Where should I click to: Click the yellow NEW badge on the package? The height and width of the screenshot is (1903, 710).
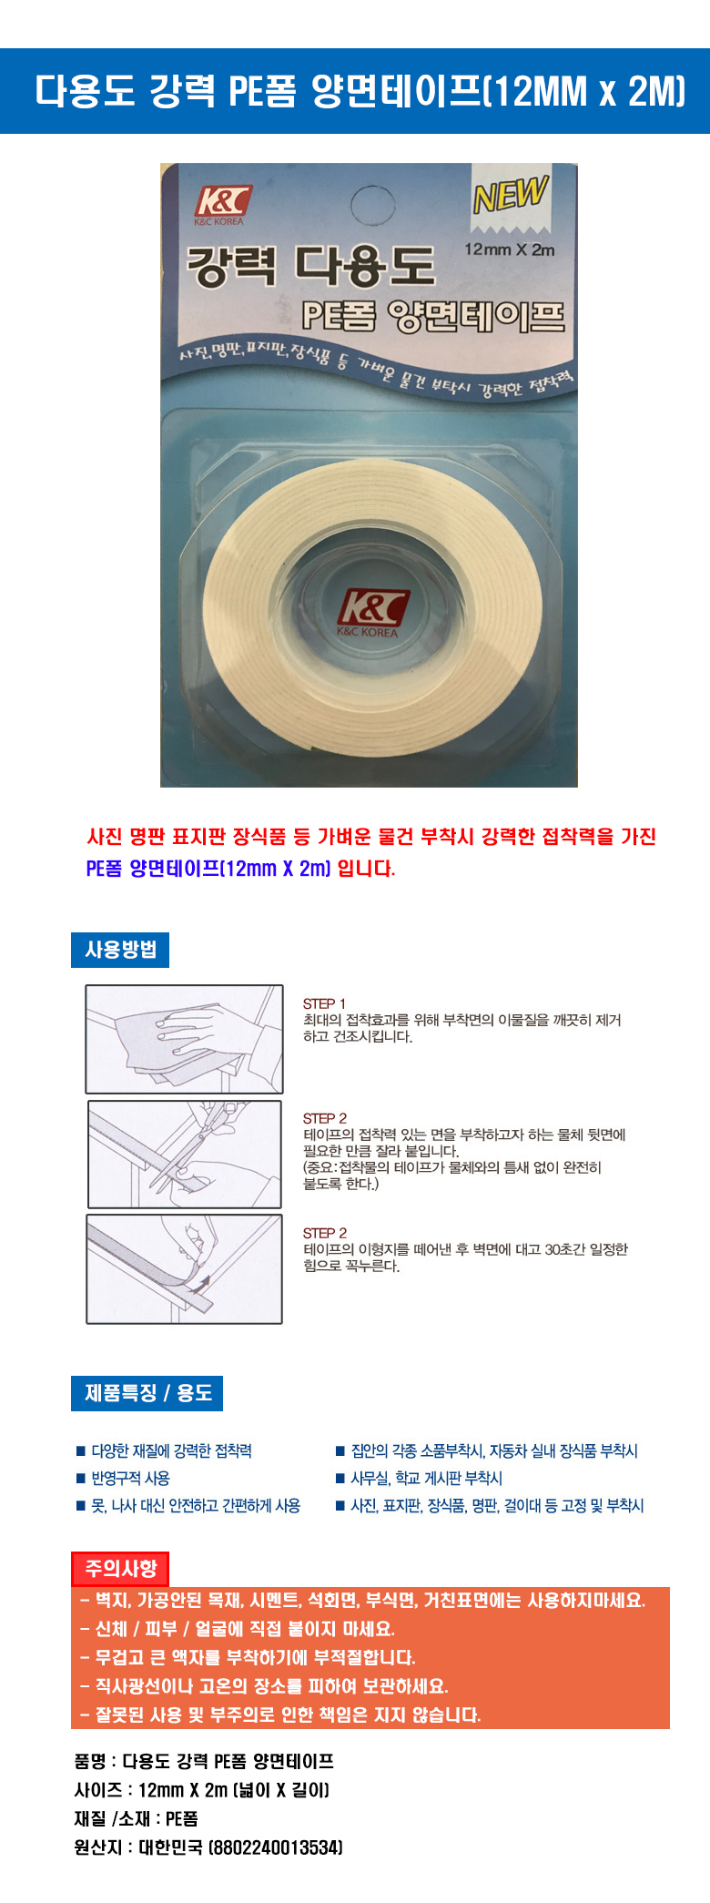pyautogui.click(x=511, y=193)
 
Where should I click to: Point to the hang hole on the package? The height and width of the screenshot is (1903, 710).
pyautogui.click(x=372, y=206)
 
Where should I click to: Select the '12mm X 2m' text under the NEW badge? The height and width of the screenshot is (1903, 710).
pyautogui.click(x=509, y=249)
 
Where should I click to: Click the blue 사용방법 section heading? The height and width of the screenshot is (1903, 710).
pyautogui.click(x=120, y=950)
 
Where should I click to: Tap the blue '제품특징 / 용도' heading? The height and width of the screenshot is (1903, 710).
pyautogui.click(x=147, y=1393)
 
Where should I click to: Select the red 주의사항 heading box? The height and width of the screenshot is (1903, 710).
pyautogui.click(x=120, y=1568)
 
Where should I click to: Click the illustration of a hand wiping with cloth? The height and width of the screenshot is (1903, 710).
pyautogui.click(x=184, y=1039)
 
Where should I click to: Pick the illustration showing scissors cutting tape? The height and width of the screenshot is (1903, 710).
pyautogui.click(x=185, y=1155)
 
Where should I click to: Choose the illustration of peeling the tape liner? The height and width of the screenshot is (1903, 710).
pyautogui.click(x=184, y=1269)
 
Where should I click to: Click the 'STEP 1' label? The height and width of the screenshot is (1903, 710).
pyautogui.click(x=324, y=1003)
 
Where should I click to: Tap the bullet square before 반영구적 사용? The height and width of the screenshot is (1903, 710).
pyautogui.click(x=80, y=1478)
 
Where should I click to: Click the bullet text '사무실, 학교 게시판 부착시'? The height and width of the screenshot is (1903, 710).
pyautogui.click(x=427, y=1478)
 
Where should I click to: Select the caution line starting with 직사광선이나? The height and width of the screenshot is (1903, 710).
pyautogui.click(x=264, y=1686)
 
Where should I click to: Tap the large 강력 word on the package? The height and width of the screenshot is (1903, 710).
pyautogui.click(x=231, y=265)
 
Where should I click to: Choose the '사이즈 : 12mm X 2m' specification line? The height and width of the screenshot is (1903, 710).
pyautogui.click(x=202, y=1790)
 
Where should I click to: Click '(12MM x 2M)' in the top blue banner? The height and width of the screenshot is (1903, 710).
pyautogui.click(x=583, y=91)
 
